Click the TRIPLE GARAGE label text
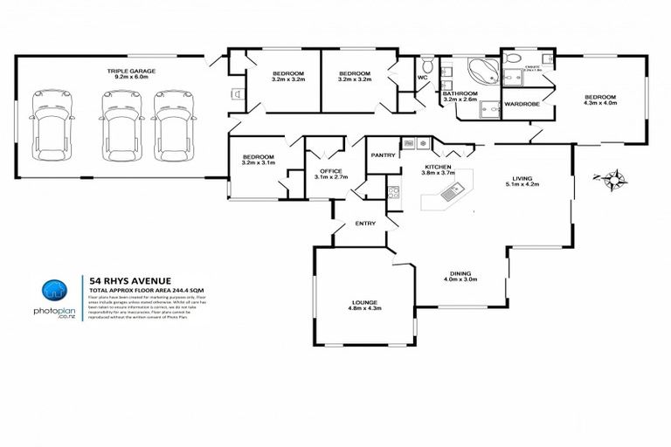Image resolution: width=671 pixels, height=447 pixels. pos(128,74)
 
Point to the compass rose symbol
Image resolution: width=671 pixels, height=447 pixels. pos(615,181)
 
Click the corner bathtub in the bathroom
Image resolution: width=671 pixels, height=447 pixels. pos(478,72)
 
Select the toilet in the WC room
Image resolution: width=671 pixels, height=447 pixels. pos(425,67)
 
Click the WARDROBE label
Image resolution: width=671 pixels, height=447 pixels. pos(522,104)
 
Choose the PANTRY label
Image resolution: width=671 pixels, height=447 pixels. pos(383,155)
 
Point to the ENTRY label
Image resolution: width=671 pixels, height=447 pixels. pos(365,223)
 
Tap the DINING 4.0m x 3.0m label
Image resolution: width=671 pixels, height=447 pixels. pos(460,276)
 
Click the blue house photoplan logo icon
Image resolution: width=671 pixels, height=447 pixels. pos(54,292)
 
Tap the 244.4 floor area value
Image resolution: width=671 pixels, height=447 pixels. pos(175,289)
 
